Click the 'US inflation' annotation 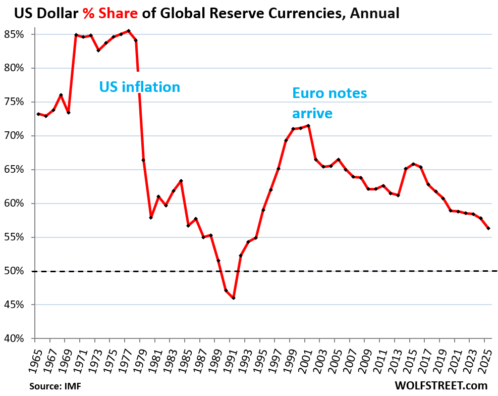[x=139, y=87]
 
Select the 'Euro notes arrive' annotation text [x=329, y=103]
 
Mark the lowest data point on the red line [x=234, y=298]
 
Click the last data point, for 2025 [x=488, y=228]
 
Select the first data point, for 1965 [x=38, y=114]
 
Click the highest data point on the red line [x=129, y=31]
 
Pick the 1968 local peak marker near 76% [x=61, y=95]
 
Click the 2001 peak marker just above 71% [x=308, y=126]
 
